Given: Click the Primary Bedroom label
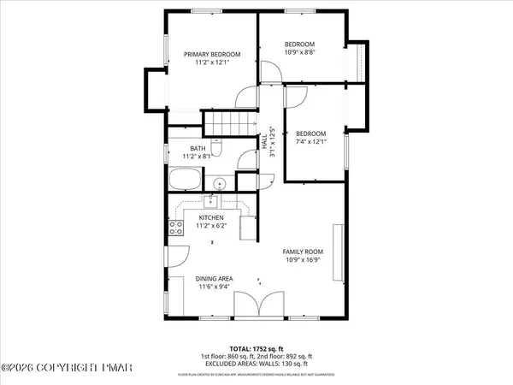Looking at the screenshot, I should pos(213,55).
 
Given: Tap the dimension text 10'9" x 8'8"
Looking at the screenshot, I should pos(299,53).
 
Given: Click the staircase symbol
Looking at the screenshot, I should pos(229,125).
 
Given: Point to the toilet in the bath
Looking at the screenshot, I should pos(219,151).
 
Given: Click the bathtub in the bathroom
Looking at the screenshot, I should pos(185,181).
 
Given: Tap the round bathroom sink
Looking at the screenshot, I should pos(220,184).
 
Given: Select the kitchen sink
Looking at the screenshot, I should pos(209,203).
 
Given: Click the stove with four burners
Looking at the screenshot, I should pos(176,228).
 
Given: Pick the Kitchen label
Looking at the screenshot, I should pos(210,218).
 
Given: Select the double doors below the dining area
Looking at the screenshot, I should pos(257,305).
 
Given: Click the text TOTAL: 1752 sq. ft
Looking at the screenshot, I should pos(257,347).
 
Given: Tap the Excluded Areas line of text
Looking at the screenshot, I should pos(257,364).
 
